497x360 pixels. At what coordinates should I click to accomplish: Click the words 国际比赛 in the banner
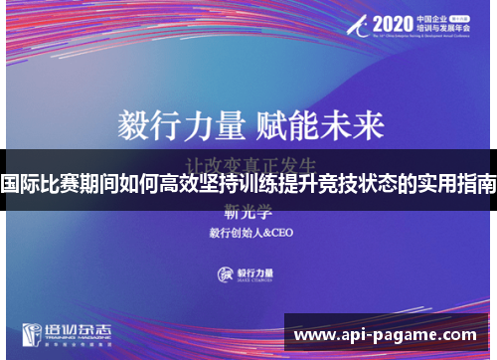[x=37, y=183]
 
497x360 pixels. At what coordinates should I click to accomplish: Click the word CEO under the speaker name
[x=280, y=234]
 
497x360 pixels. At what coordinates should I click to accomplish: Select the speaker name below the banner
[x=248, y=212]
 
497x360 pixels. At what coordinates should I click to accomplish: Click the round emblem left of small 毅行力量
[x=225, y=272]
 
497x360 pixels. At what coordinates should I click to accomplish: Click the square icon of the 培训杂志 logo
[x=29, y=334]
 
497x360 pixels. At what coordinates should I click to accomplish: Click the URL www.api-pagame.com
[x=387, y=334]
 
